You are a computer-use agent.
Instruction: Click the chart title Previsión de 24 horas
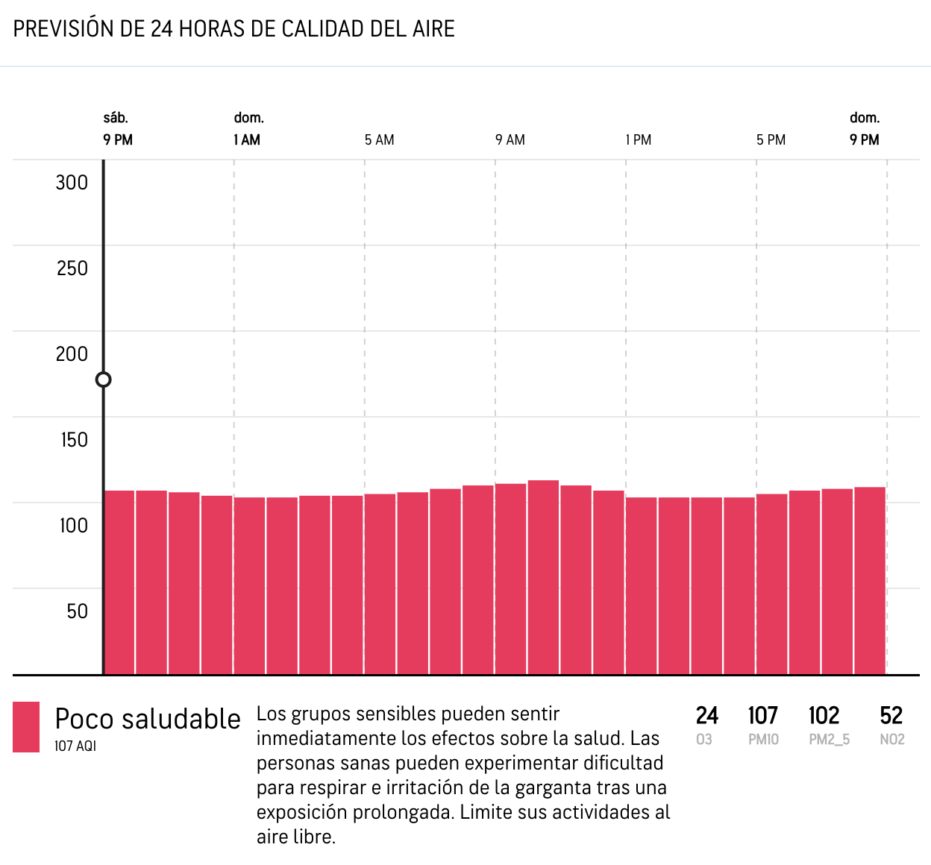pyautogui.click(x=234, y=29)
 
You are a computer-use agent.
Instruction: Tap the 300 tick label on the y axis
pyautogui.click(x=72, y=183)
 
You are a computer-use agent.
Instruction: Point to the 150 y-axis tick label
pyautogui.click(x=74, y=440)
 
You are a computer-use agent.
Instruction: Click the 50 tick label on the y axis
pyautogui.click(x=77, y=611)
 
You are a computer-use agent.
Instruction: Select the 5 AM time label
pyautogui.click(x=379, y=140)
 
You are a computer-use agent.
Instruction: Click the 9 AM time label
pyautogui.click(x=510, y=140)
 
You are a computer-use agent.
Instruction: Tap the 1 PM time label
pyautogui.click(x=639, y=140)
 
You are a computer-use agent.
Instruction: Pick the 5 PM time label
pyautogui.click(x=771, y=140)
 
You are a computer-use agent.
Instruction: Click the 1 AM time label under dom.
pyautogui.click(x=247, y=140)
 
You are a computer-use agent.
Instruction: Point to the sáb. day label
pyautogui.click(x=116, y=118)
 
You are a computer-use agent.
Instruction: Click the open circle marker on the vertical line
pyautogui.click(x=104, y=380)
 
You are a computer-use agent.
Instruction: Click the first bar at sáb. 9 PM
pyautogui.click(x=119, y=582)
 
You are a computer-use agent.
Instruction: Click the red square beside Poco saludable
pyautogui.click(x=26, y=727)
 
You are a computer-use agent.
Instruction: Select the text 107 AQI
pyautogui.click(x=75, y=746)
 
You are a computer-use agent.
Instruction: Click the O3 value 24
pyautogui.click(x=706, y=716)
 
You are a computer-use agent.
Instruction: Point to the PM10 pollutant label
pyautogui.click(x=763, y=740)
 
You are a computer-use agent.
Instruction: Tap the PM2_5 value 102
pyautogui.click(x=824, y=716)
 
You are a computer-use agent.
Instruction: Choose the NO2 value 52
pyautogui.click(x=891, y=716)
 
